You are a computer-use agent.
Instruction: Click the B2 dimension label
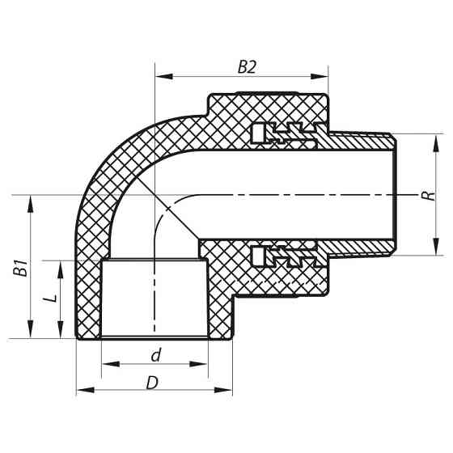pyautogui.click(x=247, y=68)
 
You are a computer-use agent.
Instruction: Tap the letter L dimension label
pyautogui.click(x=50, y=298)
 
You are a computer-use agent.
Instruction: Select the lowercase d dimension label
pyautogui.click(x=155, y=356)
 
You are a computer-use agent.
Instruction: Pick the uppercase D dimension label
pyautogui.click(x=151, y=383)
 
